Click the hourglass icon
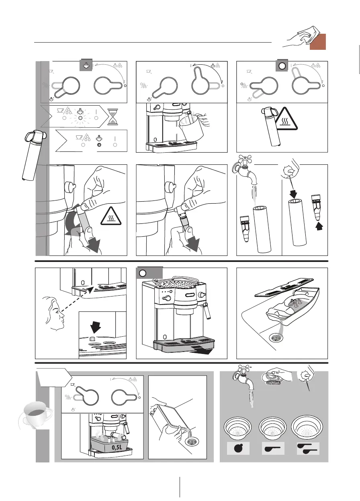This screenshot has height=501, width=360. [x=112, y=117]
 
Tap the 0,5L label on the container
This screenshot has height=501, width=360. [x=117, y=447]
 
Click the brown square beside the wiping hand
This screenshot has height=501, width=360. [x=317, y=42]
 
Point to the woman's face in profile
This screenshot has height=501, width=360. [x=55, y=313]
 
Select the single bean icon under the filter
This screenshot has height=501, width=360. [x=238, y=448]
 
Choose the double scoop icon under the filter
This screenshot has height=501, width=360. [x=307, y=448]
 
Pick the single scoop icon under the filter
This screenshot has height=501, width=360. [x=272, y=448]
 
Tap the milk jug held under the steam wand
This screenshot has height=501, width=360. [x=191, y=127]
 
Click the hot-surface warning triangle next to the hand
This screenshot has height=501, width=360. [x=111, y=216]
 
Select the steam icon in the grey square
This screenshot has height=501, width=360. [x=86, y=65]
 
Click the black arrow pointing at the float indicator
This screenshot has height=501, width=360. [x=96, y=327]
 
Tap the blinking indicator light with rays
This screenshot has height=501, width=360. [x=80, y=118]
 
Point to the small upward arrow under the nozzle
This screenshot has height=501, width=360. [x=319, y=227]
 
